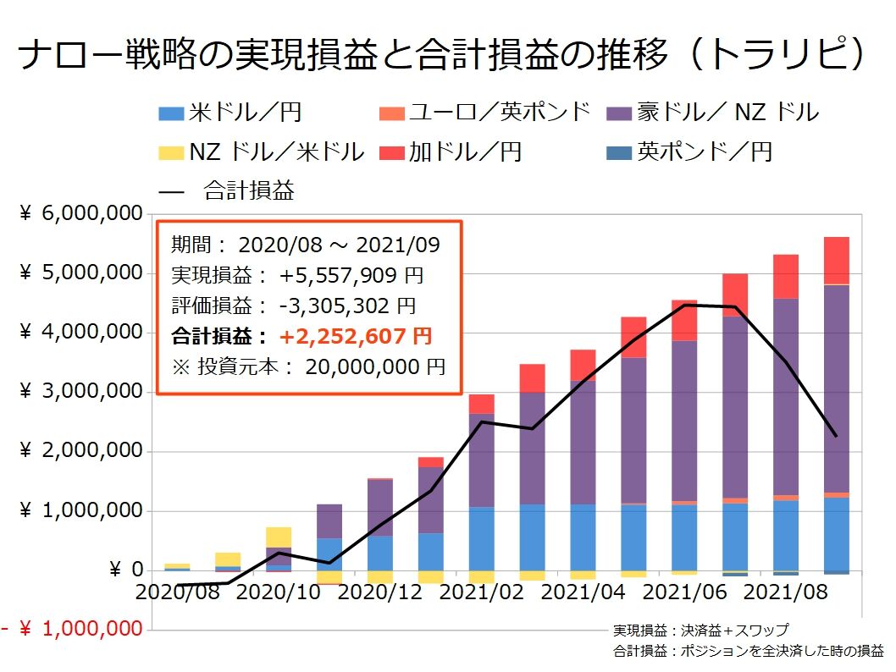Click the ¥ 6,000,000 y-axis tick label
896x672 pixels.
pyautogui.click(x=80, y=215)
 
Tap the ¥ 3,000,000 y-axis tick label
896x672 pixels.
pyautogui.click(x=80, y=393)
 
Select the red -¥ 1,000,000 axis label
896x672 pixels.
pyautogui.click(x=72, y=630)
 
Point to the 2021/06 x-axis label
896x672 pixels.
pyautogui.click(x=692, y=592)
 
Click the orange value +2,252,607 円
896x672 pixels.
pyautogui.click(x=356, y=337)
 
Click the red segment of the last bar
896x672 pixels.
pyautogui.click(x=837, y=260)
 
